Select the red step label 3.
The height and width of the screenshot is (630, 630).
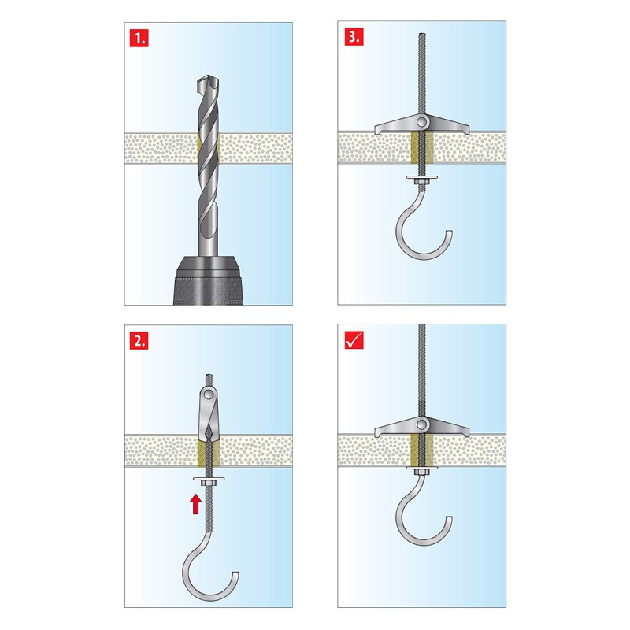pyautogui.click(x=354, y=37)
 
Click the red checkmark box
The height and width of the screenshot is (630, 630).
pyautogui.click(x=354, y=340)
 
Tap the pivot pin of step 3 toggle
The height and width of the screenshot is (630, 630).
pyautogui.click(x=422, y=121)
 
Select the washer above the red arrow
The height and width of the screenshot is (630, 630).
pyautogui.click(x=208, y=481)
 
